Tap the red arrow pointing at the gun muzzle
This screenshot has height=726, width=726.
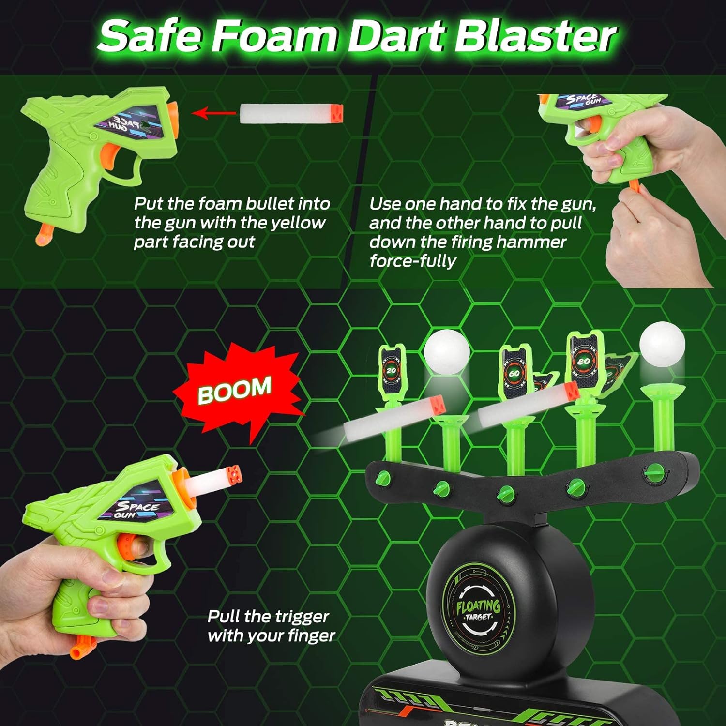click(213, 114)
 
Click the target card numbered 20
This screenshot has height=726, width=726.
click(391, 370)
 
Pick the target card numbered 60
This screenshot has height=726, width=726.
click(514, 373)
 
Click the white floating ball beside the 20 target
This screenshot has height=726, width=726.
click(446, 352)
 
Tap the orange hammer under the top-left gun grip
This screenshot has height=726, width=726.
click(43, 235)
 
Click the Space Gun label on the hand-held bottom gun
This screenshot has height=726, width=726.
click(137, 508)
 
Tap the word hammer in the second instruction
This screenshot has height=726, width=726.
click(531, 242)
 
